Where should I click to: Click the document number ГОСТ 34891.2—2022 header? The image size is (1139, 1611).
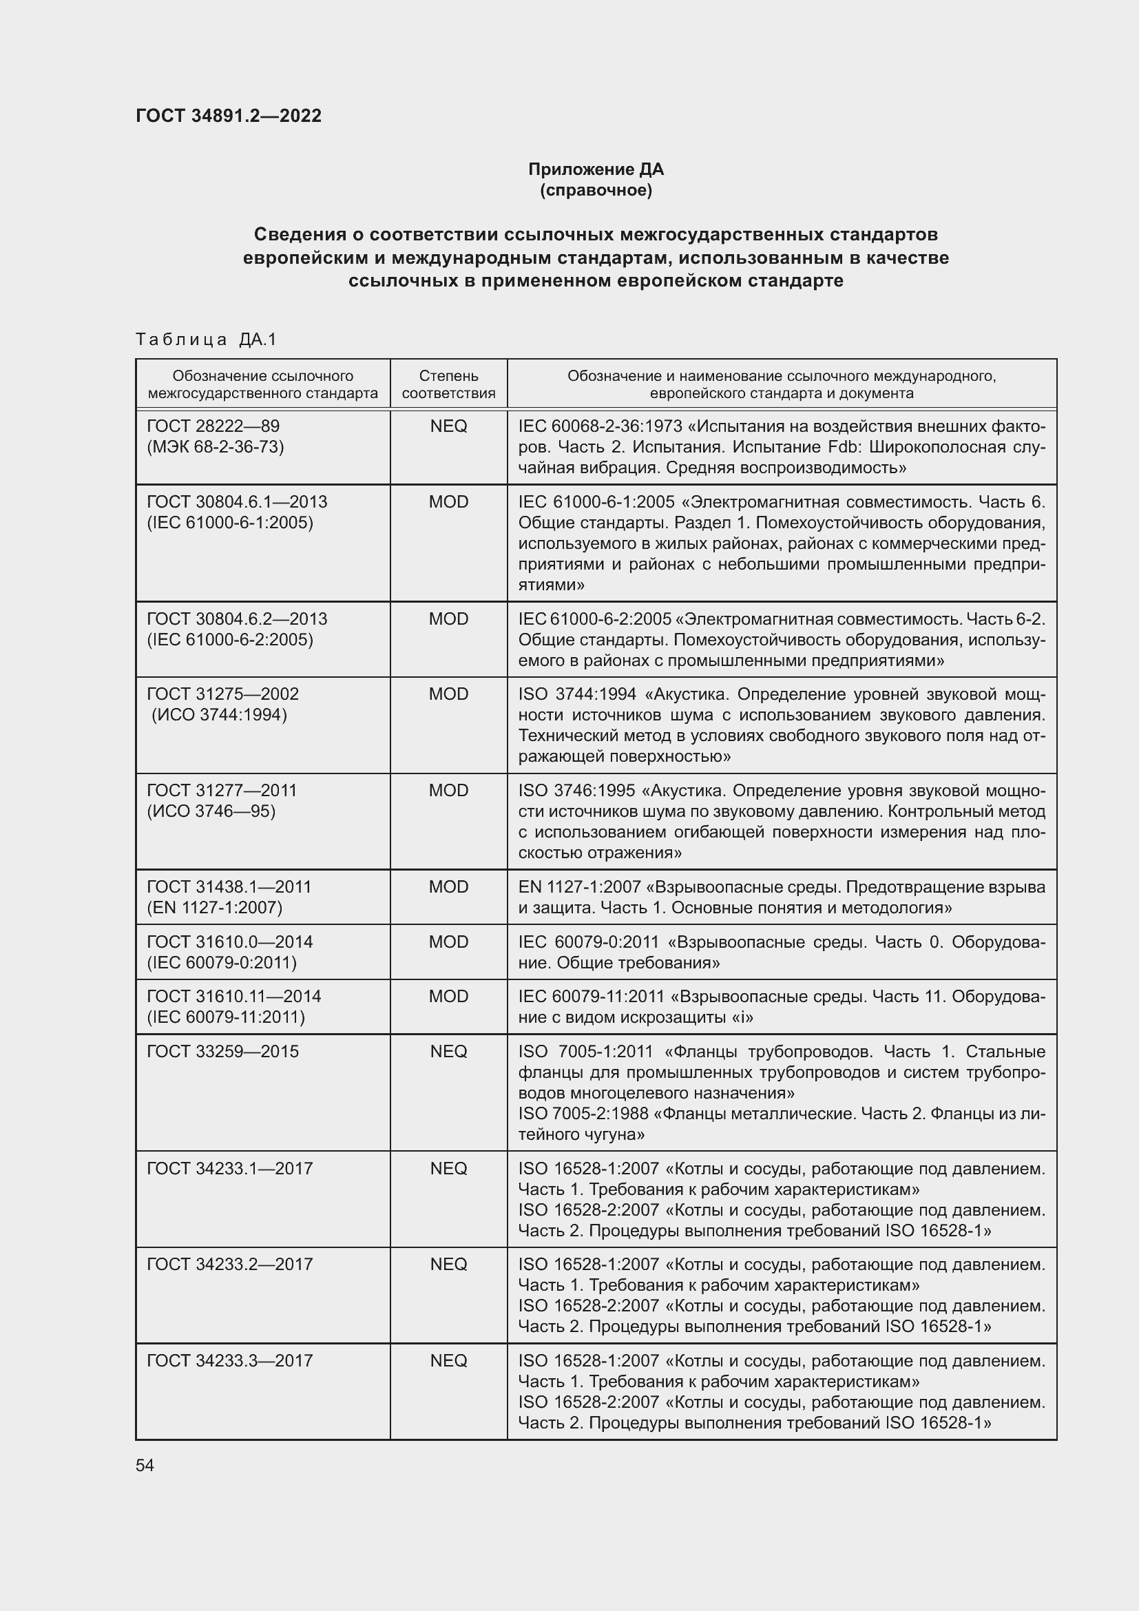229,116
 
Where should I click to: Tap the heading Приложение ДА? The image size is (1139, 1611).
596,169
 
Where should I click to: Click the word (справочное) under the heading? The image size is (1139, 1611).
596,190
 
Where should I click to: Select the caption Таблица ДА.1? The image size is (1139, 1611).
206,340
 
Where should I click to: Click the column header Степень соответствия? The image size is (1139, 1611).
448,384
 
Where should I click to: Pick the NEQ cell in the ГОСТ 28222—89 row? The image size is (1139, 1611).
448,426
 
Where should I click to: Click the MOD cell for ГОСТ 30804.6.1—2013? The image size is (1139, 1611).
448,502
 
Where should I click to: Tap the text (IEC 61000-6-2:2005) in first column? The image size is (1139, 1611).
230,640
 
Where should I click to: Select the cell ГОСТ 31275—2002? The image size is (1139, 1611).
222,694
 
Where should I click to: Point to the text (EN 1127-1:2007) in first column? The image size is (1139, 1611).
215,908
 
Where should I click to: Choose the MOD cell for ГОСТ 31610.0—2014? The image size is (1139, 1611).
448,942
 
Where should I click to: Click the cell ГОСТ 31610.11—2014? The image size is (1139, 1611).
233,997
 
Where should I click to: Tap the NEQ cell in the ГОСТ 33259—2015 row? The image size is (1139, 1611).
448,1051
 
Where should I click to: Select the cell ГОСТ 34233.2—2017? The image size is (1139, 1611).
229,1264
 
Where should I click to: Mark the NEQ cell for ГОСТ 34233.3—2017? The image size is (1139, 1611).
448,1360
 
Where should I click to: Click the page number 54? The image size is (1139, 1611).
145,1466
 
